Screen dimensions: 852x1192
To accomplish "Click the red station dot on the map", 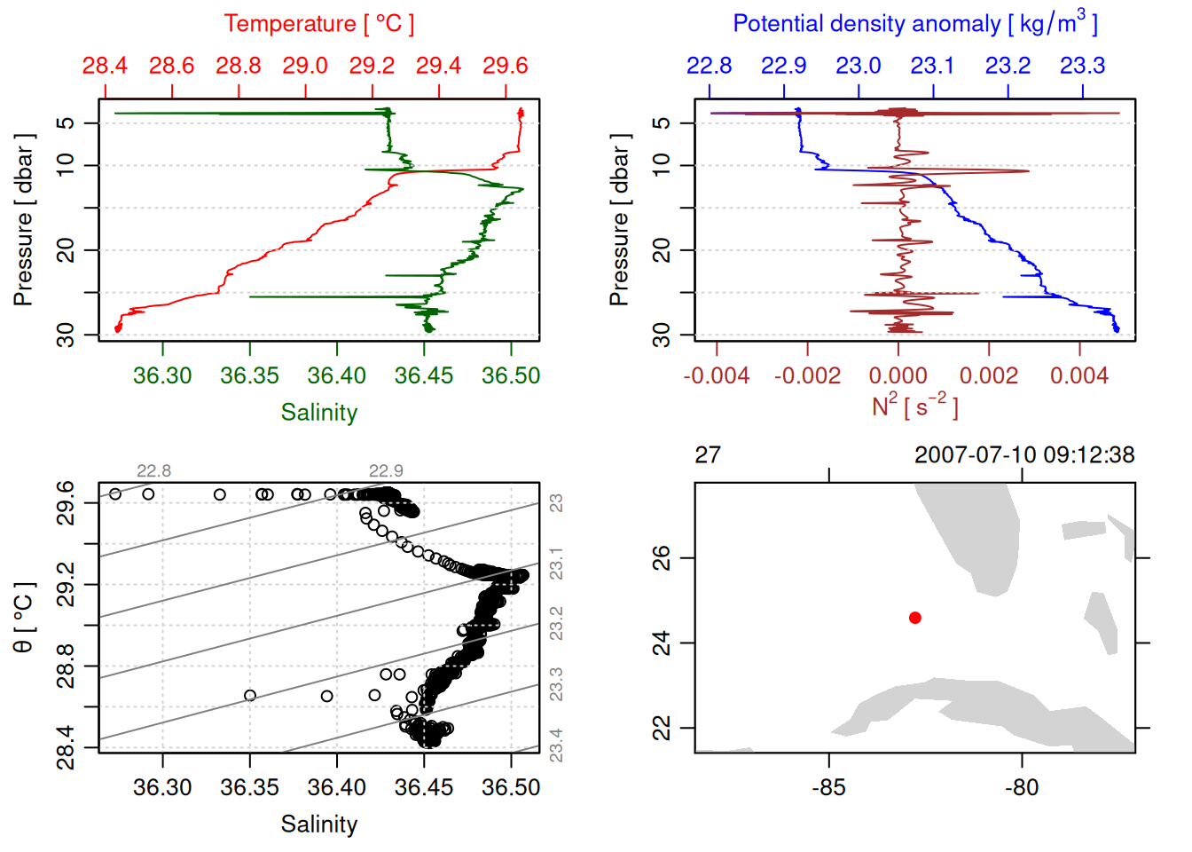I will pos(915,618).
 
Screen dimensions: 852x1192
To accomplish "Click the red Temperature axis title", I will pos(318,24).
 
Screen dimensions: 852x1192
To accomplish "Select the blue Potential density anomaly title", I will pos(914,24).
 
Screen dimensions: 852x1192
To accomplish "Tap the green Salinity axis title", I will pos(318,413).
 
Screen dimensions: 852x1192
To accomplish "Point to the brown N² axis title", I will pos(914,406).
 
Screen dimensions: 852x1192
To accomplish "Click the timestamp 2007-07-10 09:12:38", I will pos(1024,455).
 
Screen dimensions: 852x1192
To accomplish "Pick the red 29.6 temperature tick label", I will pos(506,66).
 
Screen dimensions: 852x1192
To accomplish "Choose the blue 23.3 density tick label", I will pos(1082,66).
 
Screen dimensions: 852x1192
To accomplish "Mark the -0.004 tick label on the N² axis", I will pos(716,376).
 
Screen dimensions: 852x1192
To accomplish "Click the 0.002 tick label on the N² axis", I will pos(989,376).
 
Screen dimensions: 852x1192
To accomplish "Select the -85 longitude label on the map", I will pos(828,788).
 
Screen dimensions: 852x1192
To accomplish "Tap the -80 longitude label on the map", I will pos(1022,788).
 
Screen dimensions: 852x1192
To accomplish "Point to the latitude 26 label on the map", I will pos(662,558).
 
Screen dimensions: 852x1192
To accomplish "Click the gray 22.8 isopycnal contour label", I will pos(153,471).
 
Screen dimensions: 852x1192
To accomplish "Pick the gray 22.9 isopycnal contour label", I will pos(386,471).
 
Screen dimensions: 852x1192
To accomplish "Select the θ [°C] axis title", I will pos(24,618).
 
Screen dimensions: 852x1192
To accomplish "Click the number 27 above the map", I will pos(708,455).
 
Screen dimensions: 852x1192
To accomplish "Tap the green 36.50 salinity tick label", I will pos(511,376).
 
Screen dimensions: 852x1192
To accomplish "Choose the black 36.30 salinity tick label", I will pos(162,788).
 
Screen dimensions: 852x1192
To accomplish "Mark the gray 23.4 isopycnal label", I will pos(556,744).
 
